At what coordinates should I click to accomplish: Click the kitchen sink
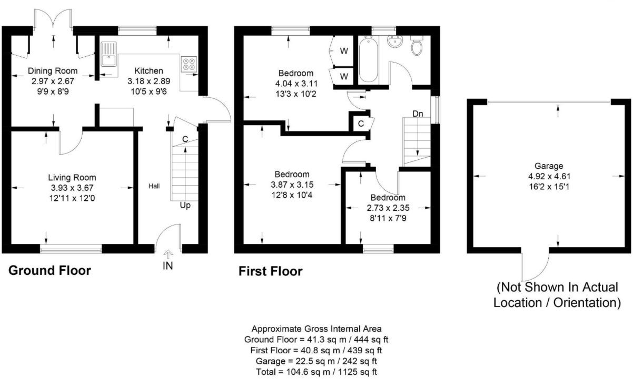click(110, 54)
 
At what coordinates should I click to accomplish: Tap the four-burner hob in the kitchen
click(189, 64)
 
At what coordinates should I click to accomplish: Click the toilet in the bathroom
click(417, 46)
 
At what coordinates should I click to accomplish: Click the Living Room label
click(72, 178)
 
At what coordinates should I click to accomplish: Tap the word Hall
click(154, 186)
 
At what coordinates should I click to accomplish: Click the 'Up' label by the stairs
click(185, 205)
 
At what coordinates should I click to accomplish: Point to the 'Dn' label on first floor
click(418, 114)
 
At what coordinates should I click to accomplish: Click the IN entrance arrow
click(167, 255)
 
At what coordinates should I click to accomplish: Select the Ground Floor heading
click(50, 271)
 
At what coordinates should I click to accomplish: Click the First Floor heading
click(271, 271)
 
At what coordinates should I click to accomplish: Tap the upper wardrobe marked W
click(343, 51)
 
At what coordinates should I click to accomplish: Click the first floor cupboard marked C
click(361, 124)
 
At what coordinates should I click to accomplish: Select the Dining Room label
click(53, 71)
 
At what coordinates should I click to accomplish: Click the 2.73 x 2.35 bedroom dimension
click(388, 208)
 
